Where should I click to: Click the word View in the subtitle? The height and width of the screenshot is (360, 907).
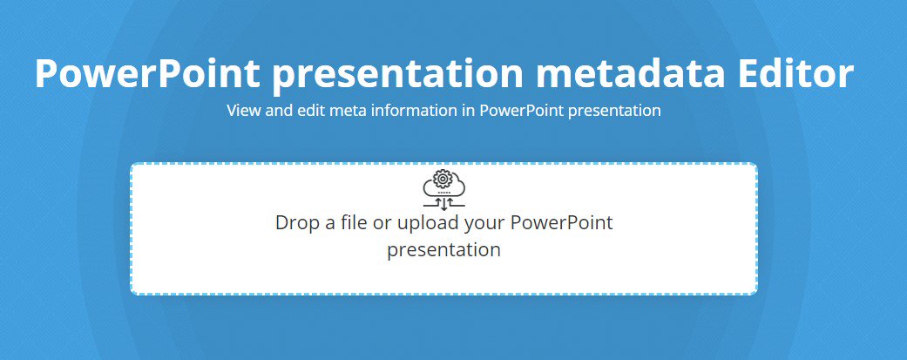point(241,111)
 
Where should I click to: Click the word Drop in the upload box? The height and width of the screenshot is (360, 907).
point(294,222)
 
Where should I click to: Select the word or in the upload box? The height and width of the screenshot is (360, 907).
point(382,222)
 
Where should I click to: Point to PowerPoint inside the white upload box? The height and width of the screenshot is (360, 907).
point(561,222)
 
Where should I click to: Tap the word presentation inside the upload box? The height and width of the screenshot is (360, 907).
point(443,250)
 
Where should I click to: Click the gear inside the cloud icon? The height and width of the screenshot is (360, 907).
point(443,180)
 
